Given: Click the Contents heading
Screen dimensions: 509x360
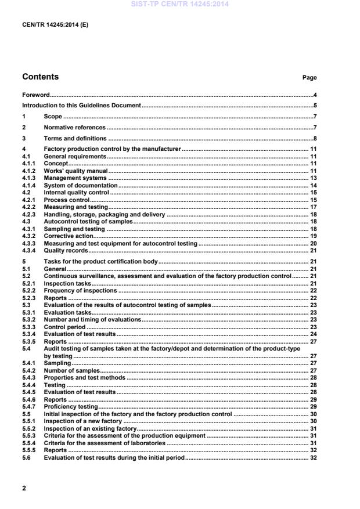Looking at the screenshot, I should (40, 77).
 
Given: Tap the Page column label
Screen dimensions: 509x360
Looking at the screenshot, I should (309, 77).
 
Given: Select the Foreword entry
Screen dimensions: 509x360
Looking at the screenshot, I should (35, 95).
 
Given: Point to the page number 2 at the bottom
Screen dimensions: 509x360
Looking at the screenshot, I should (24, 488).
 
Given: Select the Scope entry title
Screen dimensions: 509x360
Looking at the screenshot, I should (53, 117).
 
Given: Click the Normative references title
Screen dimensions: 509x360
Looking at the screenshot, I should (75, 128).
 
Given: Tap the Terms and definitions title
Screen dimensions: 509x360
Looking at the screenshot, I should (75, 139).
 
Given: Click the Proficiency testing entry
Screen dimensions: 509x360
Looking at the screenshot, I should (70, 407).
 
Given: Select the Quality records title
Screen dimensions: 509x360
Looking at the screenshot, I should (66, 251).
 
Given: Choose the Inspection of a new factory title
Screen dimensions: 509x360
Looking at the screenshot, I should (83, 421).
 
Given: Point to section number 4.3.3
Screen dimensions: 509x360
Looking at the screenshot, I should (29, 244).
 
